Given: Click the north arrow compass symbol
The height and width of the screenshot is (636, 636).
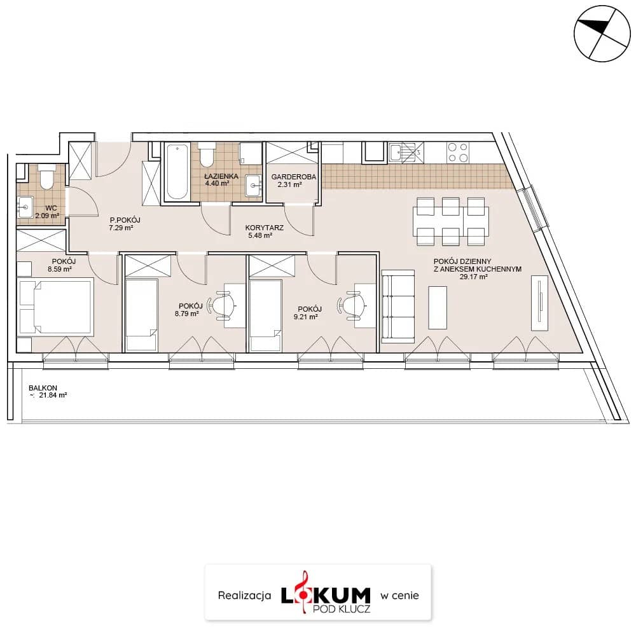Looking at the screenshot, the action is coord(602,34).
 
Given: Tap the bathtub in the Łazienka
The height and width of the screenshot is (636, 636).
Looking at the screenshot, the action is coord(177,172).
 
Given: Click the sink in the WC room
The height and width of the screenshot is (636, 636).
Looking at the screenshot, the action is coord(25,207).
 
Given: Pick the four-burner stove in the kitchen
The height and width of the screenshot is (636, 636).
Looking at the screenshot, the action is coord(457,153).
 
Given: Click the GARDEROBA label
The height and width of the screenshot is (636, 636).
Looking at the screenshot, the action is coord(294,177).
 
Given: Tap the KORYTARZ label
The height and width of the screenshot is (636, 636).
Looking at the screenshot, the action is coord(264,228).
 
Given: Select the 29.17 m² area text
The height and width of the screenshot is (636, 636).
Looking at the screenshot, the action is coord(473,277).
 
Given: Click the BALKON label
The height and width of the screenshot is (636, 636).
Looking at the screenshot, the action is coord(43,388).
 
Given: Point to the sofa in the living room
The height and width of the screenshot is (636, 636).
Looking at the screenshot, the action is coord(398,304).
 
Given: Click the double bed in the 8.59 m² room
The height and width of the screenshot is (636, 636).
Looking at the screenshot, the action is coord(55,307).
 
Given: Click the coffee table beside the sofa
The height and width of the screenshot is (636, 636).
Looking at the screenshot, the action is coord(438,307).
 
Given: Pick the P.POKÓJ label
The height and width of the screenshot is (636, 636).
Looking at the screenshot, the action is coord(125,220).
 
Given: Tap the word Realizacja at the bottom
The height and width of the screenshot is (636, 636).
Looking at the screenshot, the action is coord(245,595).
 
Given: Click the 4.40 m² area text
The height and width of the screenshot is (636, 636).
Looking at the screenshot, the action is coord(217,184).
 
